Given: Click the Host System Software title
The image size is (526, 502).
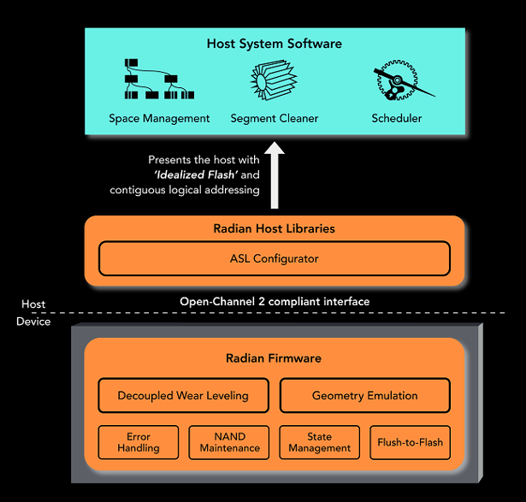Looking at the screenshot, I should pos(275,44).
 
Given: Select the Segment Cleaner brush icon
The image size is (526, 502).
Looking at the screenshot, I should pos(274,84).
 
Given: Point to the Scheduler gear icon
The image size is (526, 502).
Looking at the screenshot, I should pos(396,83).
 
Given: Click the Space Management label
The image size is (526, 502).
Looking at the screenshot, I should pos(159,118).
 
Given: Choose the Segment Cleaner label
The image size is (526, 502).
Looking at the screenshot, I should pos(275,118).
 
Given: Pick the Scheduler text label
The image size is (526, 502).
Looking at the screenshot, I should pos(396,118).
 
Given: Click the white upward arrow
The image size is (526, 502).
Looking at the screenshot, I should pos(275,175).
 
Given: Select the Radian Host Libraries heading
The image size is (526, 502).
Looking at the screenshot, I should pos(274,228).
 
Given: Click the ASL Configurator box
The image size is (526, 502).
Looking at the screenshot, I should pos(274,258).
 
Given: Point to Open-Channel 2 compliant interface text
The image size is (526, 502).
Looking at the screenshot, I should pos(274,301).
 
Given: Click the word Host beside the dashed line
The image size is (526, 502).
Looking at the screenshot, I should pos(33,304).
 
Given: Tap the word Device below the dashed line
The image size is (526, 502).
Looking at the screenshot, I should pos(33,322).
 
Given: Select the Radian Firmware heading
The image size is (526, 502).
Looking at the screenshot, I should pos(274,357).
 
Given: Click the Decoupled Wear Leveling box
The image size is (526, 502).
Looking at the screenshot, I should pos(183,395).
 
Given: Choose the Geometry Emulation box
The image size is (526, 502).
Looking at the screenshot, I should pos(364,395).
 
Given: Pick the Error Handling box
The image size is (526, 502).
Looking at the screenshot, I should pos(139,442).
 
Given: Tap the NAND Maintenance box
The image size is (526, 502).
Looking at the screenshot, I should pos(229,442).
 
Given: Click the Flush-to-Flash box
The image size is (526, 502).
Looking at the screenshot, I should pos(410,442).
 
